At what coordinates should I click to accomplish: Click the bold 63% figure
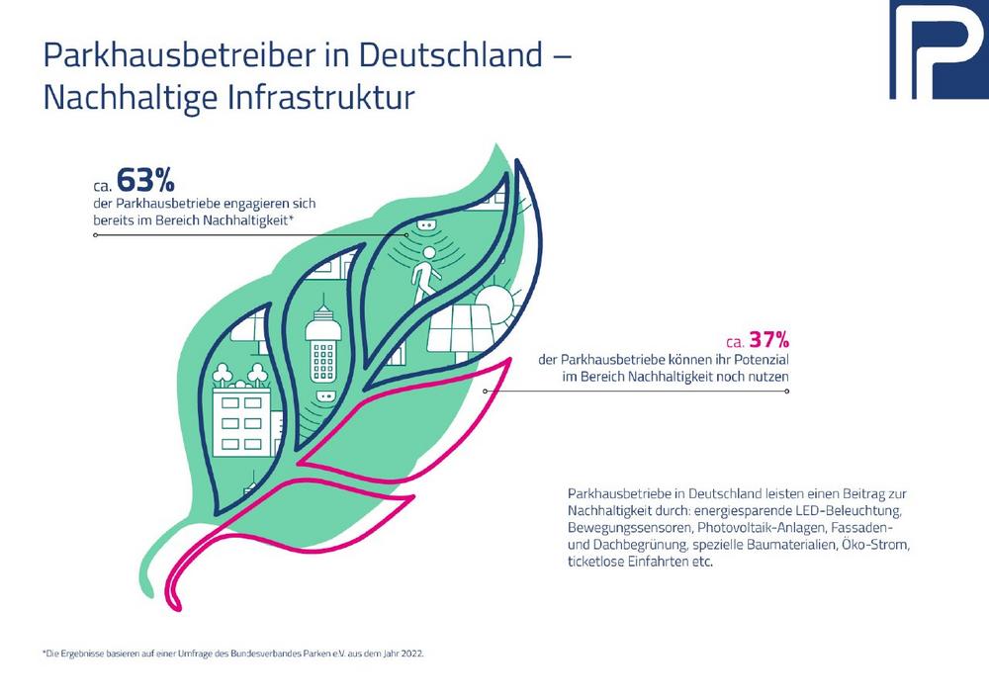145,180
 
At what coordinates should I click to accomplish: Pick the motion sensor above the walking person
426,226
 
